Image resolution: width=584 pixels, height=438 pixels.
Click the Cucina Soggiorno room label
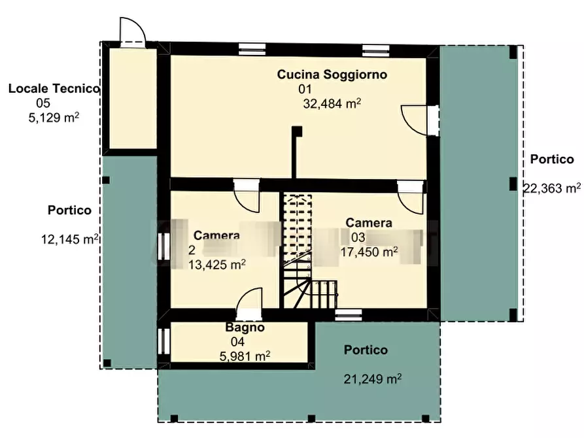(x=332, y=75)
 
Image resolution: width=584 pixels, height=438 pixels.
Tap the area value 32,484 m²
(x=332, y=103)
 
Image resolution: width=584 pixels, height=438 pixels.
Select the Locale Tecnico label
(x=54, y=89)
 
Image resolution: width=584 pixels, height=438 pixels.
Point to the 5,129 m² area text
(x=54, y=117)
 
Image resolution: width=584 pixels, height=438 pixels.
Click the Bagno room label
(x=245, y=328)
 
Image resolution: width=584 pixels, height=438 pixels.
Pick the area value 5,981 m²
(x=245, y=356)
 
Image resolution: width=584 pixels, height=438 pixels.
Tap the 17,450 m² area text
(x=369, y=252)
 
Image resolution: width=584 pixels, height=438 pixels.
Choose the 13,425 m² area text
(x=216, y=265)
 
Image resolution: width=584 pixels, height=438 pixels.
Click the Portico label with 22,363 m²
(x=552, y=160)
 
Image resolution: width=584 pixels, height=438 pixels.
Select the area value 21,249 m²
(x=373, y=379)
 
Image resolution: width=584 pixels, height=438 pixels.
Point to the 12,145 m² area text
(x=70, y=239)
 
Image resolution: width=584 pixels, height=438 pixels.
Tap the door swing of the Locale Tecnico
(x=132, y=31)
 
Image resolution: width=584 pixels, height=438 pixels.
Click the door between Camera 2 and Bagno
(x=249, y=303)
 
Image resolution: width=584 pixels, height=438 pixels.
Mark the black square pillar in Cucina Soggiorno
(x=297, y=132)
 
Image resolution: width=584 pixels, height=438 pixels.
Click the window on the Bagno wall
(x=163, y=341)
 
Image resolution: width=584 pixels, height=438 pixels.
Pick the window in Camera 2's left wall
(x=163, y=246)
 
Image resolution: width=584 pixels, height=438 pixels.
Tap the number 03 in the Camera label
(x=358, y=237)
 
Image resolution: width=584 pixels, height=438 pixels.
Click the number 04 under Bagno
(x=237, y=341)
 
